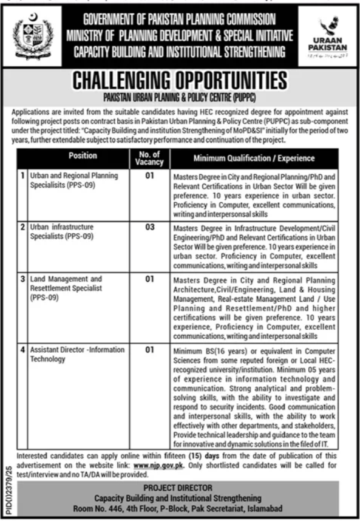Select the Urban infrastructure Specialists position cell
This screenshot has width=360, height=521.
pyautogui.click(x=61, y=231)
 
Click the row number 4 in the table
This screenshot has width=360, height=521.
pyautogui.click(x=22, y=350)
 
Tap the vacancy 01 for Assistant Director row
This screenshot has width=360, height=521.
pyautogui.click(x=149, y=350)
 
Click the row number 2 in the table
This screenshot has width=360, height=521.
pyautogui.click(x=22, y=226)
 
